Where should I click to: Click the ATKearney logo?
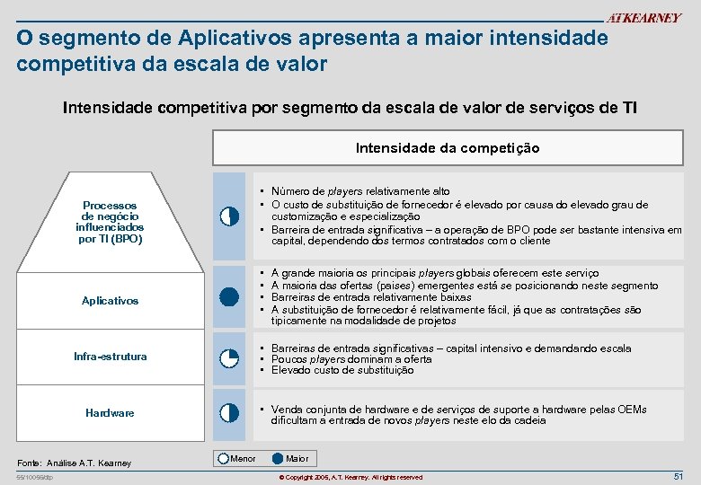coord(643,18)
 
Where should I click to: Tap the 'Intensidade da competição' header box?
coord(448,148)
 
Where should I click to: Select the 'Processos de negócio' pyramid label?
coord(110,222)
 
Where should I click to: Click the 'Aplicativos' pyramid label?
coord(111,301)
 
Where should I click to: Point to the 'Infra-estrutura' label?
coord(110,357)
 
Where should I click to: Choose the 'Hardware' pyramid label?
coord(110,413)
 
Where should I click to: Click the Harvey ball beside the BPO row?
coord(229,216)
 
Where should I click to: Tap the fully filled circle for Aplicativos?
coord(229,297)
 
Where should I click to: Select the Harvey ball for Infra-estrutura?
coord(229,357)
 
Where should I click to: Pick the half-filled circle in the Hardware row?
coord(229,413)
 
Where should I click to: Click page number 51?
coord(678,476)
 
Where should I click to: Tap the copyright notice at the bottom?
coord(350,477)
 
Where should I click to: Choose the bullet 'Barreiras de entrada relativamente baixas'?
coord(359,297)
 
